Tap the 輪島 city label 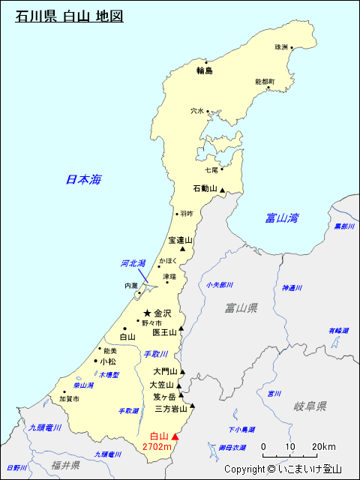205,70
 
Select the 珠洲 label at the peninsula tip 281,46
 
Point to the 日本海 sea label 83,179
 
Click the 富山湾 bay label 282,218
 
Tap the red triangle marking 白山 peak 176,436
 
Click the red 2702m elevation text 157,447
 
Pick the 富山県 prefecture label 241,307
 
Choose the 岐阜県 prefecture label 310,406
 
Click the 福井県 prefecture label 65,465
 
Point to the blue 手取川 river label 155,354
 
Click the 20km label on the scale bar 324,446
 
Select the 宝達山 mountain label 180,240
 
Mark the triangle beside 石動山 222,192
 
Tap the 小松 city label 108,361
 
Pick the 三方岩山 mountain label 171,409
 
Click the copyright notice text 283,469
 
